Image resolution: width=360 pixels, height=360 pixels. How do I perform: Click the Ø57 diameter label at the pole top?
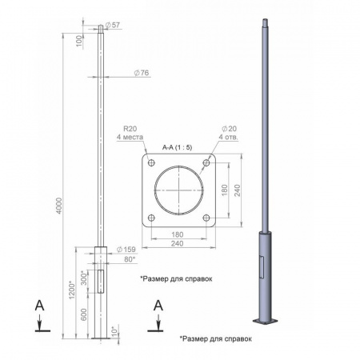pos(113,26)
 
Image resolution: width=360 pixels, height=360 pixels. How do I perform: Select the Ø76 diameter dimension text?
pos(142,73)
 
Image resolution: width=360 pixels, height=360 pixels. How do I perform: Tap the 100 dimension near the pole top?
pos(79,41)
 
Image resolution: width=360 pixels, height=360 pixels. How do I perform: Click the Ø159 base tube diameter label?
pos(126,250)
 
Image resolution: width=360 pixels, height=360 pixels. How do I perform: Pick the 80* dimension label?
pos(130,259)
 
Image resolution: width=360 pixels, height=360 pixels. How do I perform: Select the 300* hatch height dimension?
pos(84,278)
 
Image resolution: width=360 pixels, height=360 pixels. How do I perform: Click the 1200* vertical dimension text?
pos(72,290)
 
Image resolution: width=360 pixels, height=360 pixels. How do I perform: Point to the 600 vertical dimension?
pos(84,314)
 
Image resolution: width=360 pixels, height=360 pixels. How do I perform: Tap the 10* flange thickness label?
pos(114,331)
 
